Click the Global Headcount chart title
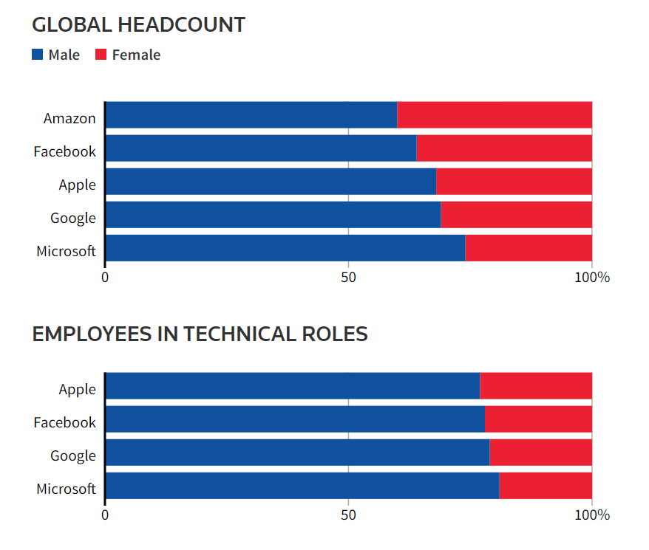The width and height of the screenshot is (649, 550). (139, 24)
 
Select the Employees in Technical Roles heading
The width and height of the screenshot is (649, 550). (200, 334)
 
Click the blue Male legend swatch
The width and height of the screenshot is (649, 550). (38, 55)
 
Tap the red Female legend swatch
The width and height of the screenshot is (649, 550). (101, 55)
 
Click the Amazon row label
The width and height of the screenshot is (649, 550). (69, 118)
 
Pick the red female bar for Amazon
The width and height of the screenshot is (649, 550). (495, 115)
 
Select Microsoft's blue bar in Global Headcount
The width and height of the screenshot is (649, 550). (285, 248)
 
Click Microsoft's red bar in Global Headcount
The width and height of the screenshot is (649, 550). (529, 248)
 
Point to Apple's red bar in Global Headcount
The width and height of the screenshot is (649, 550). (514, 182)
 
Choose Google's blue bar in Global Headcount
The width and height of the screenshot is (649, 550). (273, 215)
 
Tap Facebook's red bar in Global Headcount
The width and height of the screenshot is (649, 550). (504, 148)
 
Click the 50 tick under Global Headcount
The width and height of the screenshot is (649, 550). (348, 278)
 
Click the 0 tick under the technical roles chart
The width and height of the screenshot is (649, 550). (105, 515)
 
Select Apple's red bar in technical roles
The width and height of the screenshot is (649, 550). (536, 386)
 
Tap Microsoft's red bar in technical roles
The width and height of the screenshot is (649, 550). (546, 486)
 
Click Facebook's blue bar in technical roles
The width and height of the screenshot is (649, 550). (295, 419)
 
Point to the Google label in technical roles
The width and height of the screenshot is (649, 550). (73, 456)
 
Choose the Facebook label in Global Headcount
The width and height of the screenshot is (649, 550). (64, 151)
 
